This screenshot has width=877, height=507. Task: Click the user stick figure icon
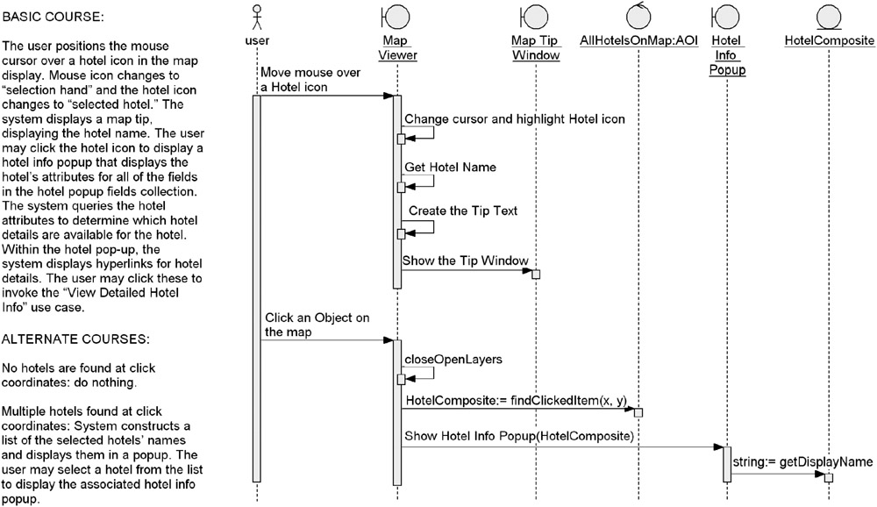(257, 18)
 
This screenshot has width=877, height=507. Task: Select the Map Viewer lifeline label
(397, 47)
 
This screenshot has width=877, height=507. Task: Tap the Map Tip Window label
(536, 47)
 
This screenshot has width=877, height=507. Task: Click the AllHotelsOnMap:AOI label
(638, 40)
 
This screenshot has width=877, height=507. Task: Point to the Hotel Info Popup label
(727, 55)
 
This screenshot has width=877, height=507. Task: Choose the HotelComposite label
(829, 40)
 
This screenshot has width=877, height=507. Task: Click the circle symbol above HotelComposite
(829, 17)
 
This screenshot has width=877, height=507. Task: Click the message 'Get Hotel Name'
(450, 167)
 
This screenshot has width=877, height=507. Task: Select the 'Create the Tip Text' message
(463, 211)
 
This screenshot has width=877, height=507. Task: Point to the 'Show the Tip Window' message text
(466, 261)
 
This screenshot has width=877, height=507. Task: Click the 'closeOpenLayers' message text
(453, 360)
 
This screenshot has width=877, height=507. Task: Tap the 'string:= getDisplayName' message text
(802, 461)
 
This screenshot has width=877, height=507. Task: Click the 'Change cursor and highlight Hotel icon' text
(515, 118)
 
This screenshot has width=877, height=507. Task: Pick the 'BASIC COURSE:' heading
(53, 17)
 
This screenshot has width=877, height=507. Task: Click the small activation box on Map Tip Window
(536, 275)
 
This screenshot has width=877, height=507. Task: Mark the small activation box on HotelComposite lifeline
(829, 477)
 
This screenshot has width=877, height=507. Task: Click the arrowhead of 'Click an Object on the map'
(389, 340)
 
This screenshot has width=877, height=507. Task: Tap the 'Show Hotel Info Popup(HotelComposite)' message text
(519, 436)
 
